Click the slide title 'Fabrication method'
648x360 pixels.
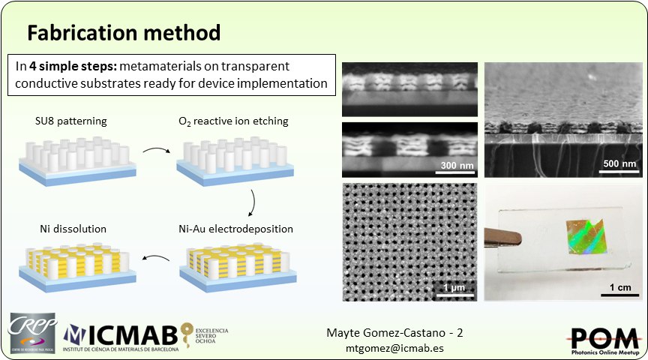coord(124,33)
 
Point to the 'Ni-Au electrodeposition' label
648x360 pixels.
coord(235,228)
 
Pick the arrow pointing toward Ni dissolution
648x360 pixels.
coord(156,262)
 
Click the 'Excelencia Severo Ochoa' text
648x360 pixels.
coord(212,336)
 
